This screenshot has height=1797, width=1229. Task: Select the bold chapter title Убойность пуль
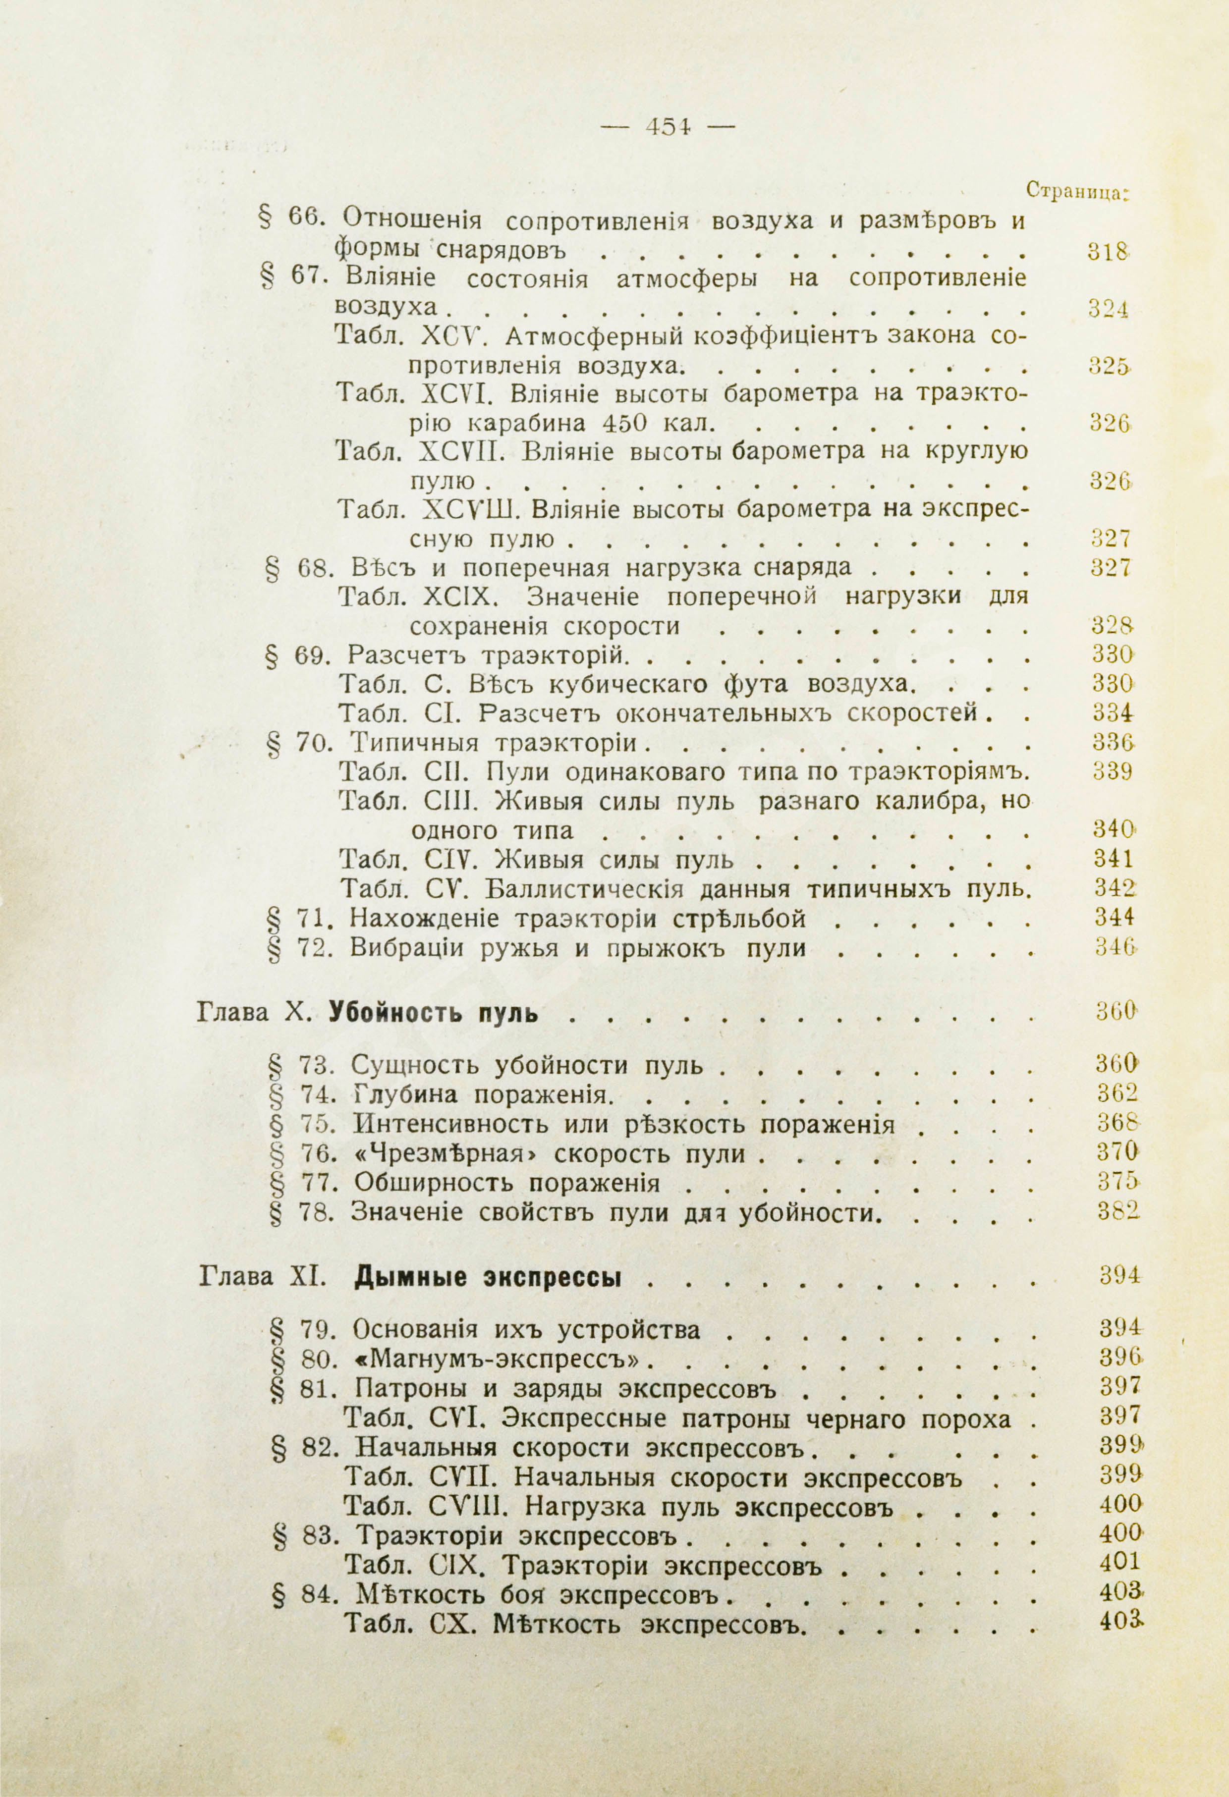click(433, 1011)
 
